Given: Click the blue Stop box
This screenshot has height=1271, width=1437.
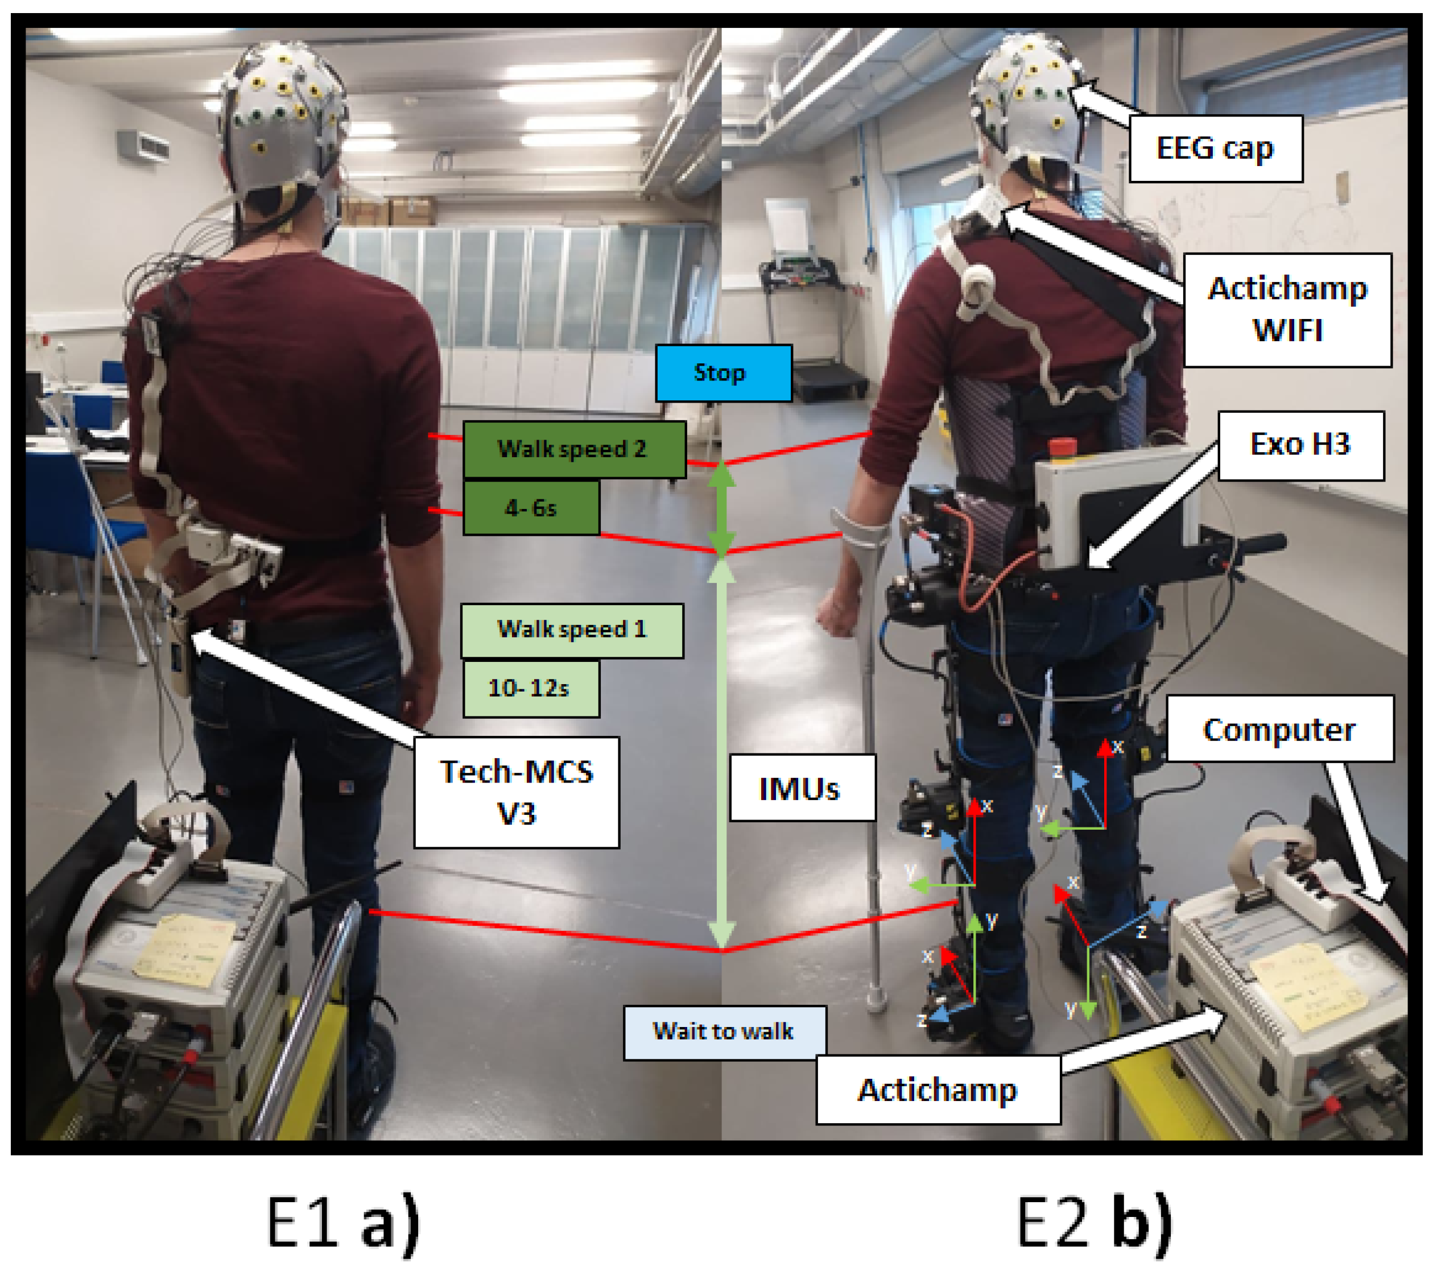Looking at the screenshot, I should [724, 373].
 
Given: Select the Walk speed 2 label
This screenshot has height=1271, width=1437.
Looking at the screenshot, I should [573, 449].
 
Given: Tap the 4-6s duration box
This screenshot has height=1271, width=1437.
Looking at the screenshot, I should [531, 507].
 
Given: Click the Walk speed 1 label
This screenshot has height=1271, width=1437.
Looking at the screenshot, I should [572, 630].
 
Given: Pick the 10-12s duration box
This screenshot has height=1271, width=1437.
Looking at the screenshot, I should [531, 689].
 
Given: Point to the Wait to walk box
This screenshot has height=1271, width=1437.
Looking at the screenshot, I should [724, 1032].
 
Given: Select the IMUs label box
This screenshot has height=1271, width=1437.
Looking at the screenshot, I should [802, 788].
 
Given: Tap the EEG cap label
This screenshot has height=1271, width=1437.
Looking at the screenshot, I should [1215, 149].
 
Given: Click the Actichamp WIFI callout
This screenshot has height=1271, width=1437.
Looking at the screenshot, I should [1287, 310].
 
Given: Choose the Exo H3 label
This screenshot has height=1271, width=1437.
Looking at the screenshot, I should [1300, 445].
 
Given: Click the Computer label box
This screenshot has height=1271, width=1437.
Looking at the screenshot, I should [1279, 729].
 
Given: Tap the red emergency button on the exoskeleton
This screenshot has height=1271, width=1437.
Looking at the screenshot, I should [1062, 448].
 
